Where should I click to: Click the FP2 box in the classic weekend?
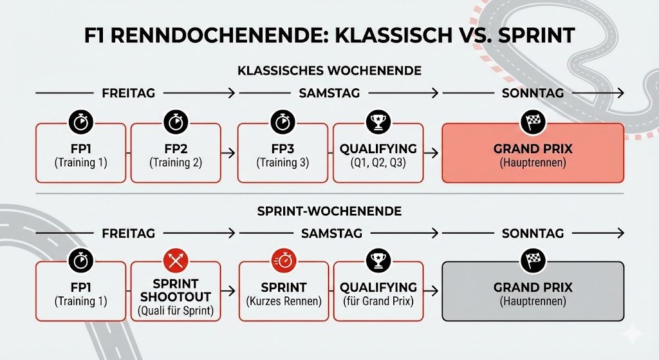pos(176,155)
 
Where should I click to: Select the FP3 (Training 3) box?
pos(283,155)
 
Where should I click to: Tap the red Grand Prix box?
pos(532,155)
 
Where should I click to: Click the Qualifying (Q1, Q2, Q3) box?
pos(378,155)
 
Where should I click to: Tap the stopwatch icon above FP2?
pos(176,121)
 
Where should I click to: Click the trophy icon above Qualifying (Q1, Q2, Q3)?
pos(378,121)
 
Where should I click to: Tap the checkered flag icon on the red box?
pos(533,121)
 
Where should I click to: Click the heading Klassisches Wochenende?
pos(329,70)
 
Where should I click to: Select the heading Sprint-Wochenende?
pos(329,210)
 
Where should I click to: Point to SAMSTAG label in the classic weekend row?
pos(330,93)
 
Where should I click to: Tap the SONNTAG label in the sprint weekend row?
pos(533,233)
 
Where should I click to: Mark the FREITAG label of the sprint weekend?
pos(128,233)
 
